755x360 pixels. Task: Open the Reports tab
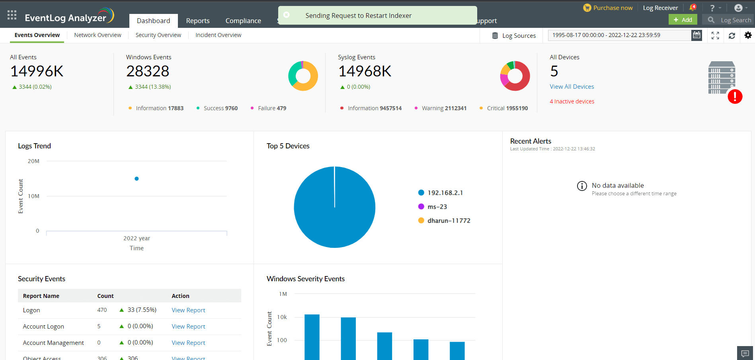point(197,21)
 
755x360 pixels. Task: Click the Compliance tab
point(243,21)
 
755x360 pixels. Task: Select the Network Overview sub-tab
point(98,35)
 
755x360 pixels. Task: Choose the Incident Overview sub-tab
point(218,35)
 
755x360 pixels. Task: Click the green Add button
point(683,19)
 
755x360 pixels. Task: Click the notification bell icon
point(692,8)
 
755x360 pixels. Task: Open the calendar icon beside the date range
point(696,35)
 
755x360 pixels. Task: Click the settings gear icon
point(748,35)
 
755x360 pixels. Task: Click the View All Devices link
point(572,86)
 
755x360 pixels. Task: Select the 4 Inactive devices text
point(572,101)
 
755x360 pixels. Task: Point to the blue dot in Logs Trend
point(137,179)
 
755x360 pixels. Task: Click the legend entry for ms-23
point(437,206)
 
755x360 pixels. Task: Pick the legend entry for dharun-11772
point(448,220)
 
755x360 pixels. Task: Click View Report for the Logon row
point(188,310)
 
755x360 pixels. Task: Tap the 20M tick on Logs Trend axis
point(33,161)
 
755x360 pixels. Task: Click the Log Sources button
point(514,35)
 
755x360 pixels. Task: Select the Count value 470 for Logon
point(102,310)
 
